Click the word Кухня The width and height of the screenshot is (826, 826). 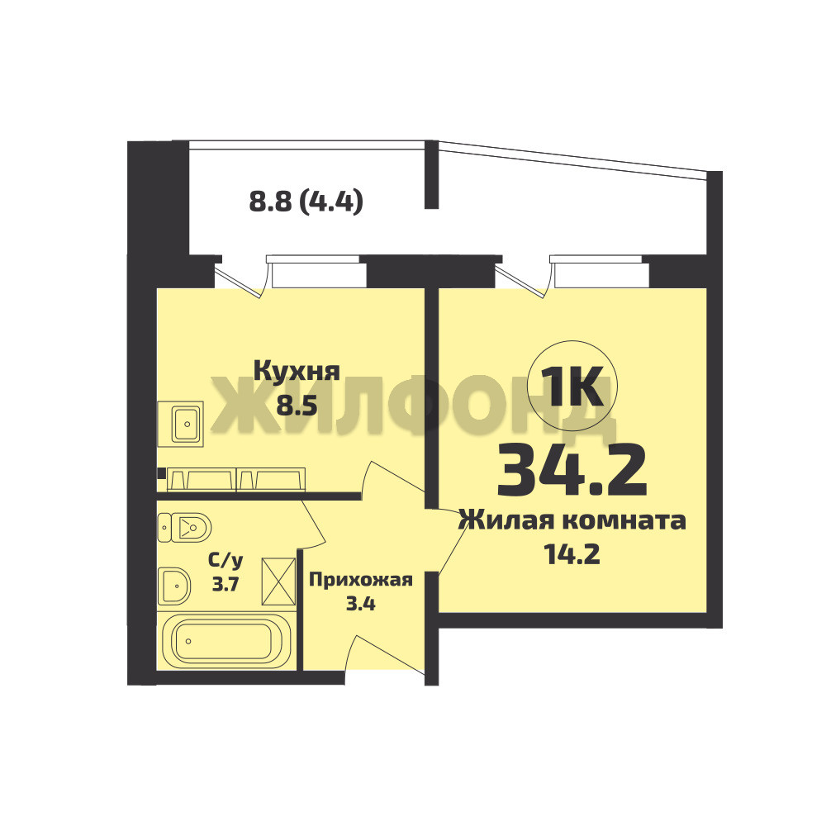[x=297, y=371]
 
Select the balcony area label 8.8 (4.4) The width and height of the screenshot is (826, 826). [x=306, y=201]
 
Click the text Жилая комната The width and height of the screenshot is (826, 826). [x=572, y=520]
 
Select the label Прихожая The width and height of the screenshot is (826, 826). [x=360, y=580]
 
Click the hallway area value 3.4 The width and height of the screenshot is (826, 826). [x=360, y=603]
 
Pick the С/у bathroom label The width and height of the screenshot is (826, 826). [x=225, y=561]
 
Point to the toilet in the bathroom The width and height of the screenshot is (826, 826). [x=184, y=527]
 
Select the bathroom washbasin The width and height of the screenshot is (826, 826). [x=173, y=586]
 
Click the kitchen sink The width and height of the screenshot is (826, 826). [x=180, y=423]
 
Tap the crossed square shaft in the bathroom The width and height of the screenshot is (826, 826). [x=278, y=582]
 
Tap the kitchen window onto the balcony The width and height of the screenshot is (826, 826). [x=316, y=270]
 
